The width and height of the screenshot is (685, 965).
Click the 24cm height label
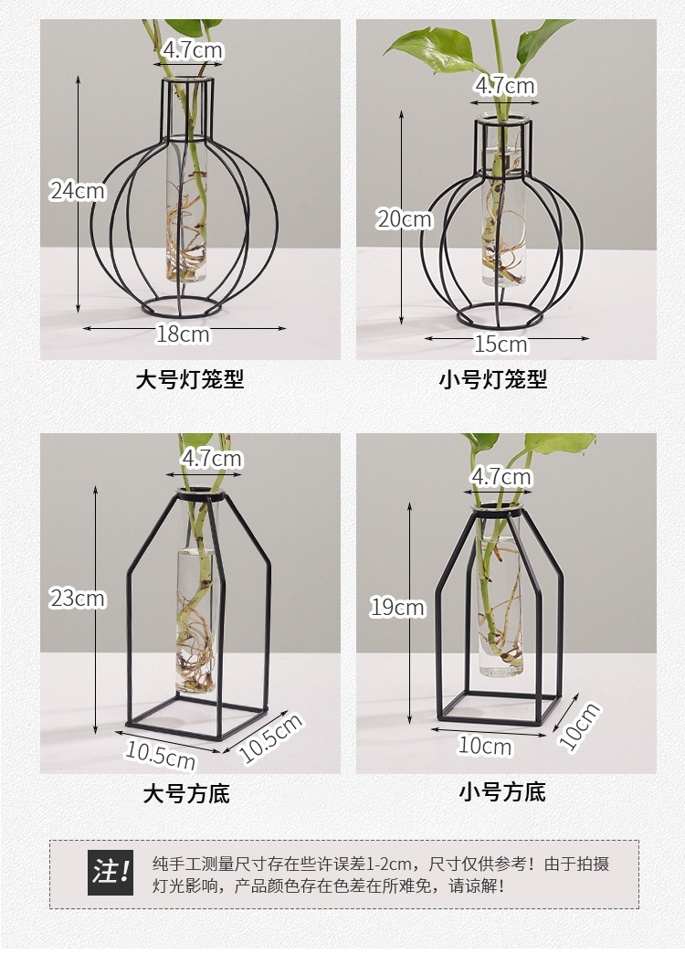pyautogui.click(x=78, y=191)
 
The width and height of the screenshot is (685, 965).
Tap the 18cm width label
pyautogui.click(x=183, y=334)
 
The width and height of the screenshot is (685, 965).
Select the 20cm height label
pyautogui.click(x=405, y=219)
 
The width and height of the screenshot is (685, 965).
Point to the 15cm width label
pyautogui.click(x=501, y=345)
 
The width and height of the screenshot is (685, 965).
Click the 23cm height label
pyautogui.click(x=78, y=599)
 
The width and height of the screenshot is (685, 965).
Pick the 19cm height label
pyautogui.click(x=397, y=607)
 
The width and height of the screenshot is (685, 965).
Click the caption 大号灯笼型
pyautogui.click(x=190, y=380)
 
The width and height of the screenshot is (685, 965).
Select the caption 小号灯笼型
pyautogui.click(x=493, y=380)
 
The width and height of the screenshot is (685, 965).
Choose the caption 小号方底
pyautogui.click(x=501, y=792)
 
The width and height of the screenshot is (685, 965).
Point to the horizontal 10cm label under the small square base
pyautogui.click(x=485, y=747)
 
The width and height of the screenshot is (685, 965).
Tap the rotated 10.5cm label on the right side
pyautogui.click(x=270, y=737)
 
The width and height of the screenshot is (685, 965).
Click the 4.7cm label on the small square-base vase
pyautogui.click(x=501, y=477)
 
